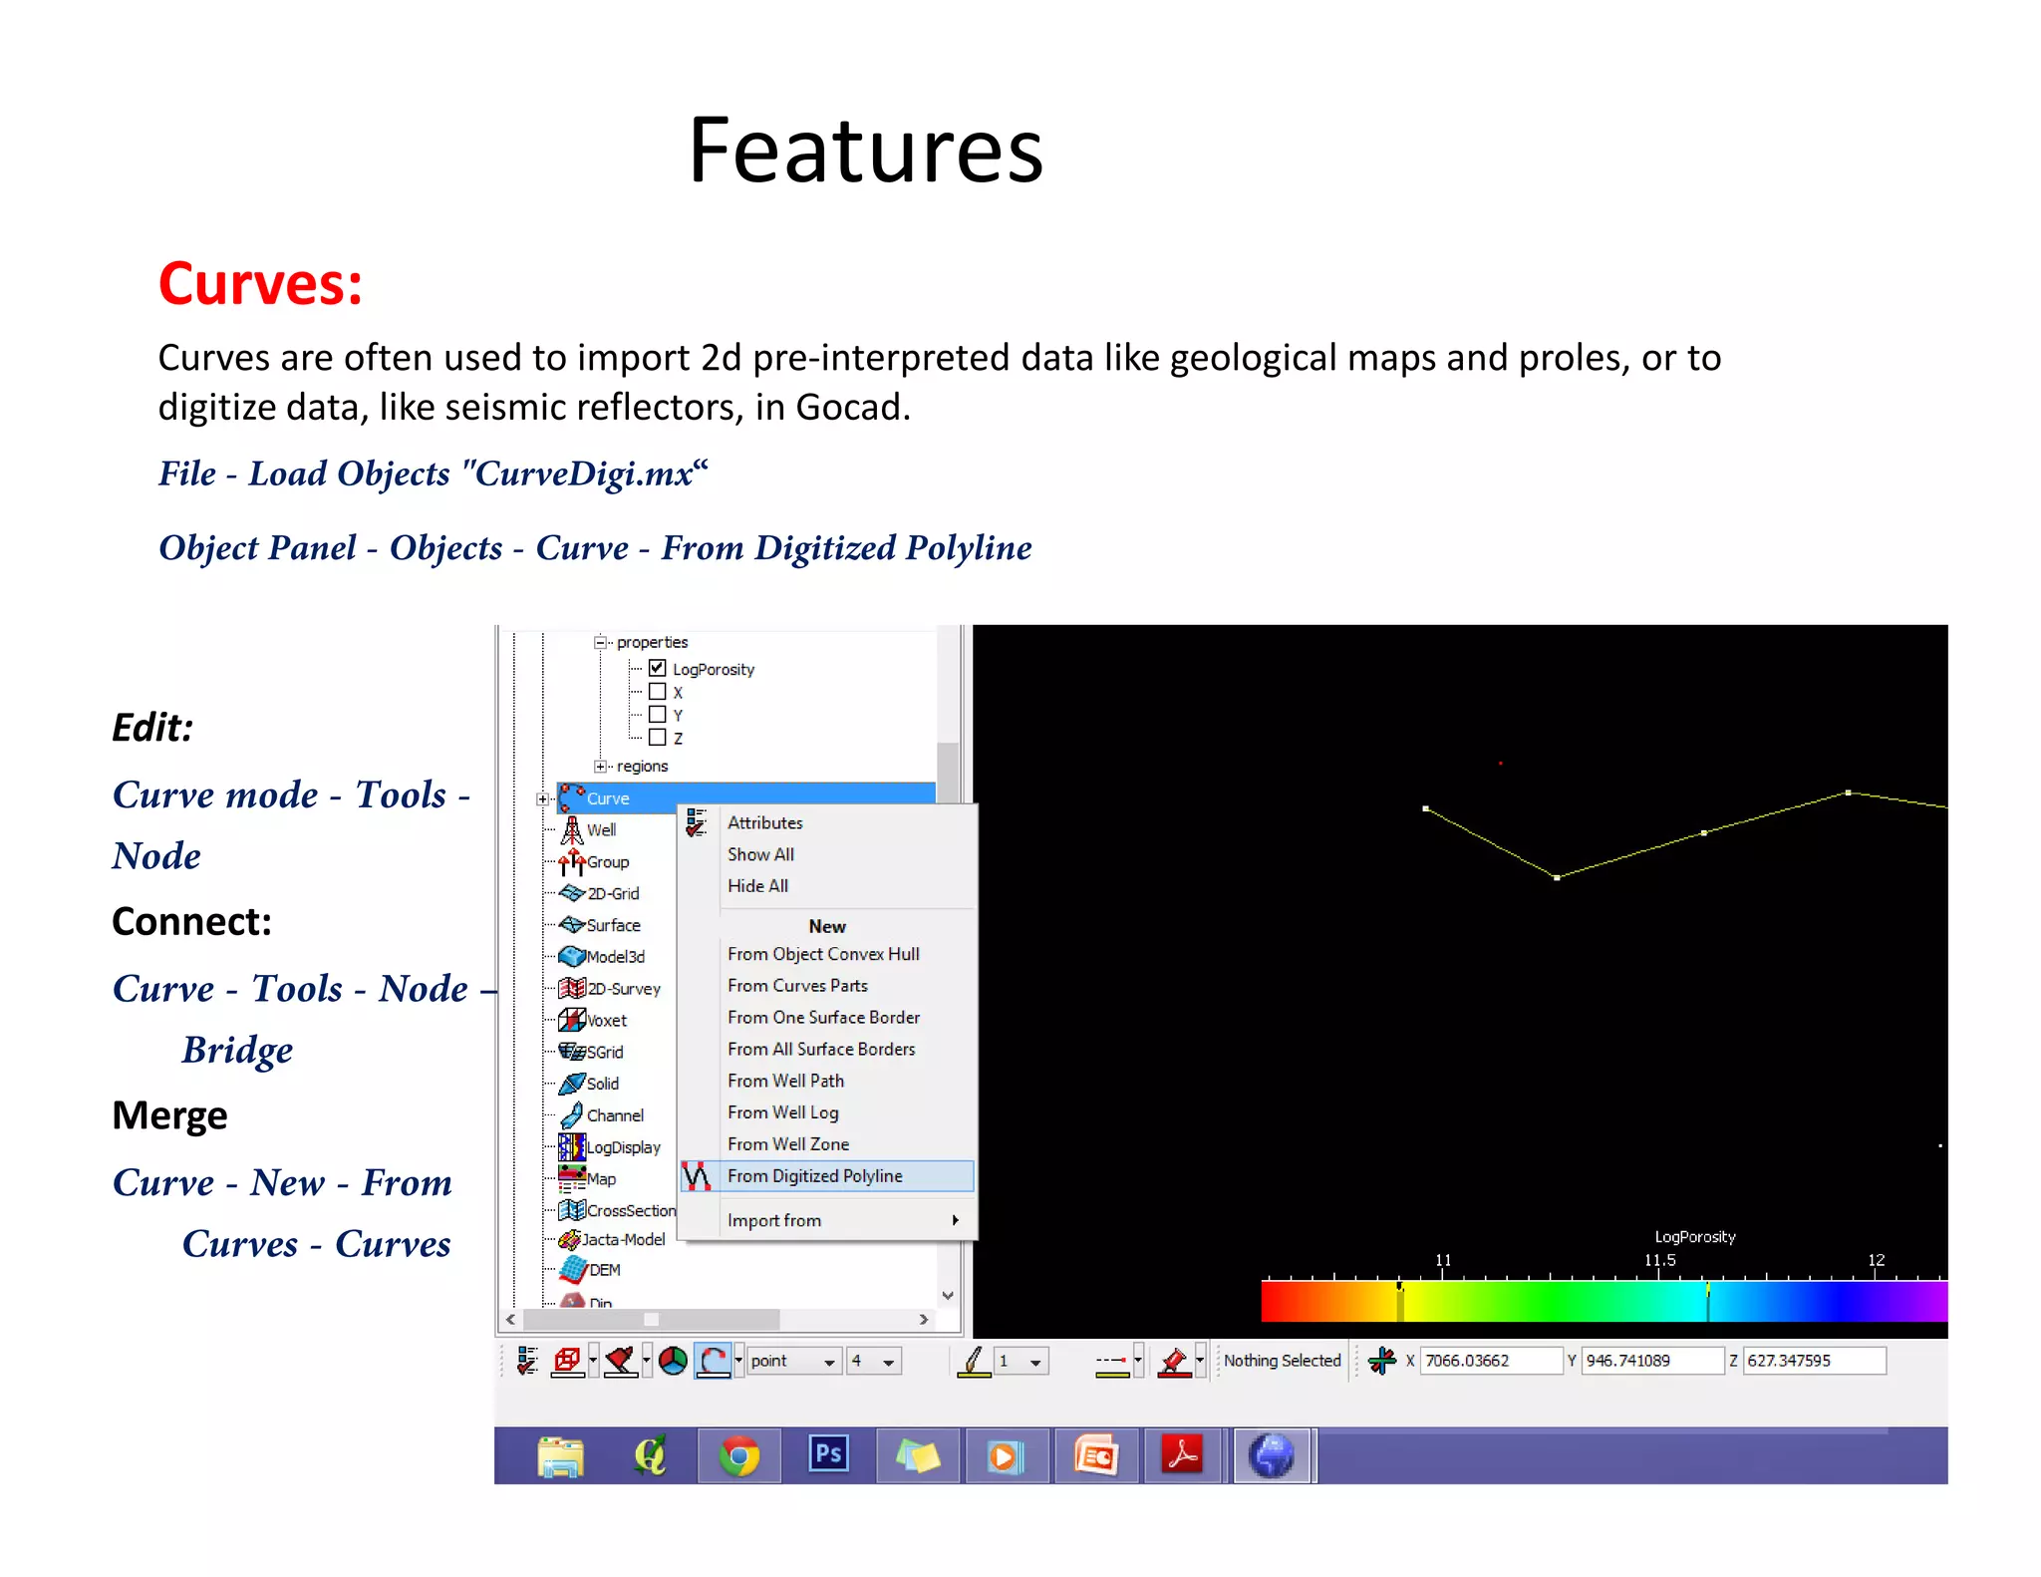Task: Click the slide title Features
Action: pos(865,152)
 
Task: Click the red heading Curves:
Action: pos(260,284)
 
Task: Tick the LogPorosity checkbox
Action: pos(657,668)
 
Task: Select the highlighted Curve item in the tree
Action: pos(608,798)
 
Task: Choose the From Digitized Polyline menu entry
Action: pos(814,1176)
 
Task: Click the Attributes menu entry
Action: pos(764,822)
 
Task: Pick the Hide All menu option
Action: pos(757,885)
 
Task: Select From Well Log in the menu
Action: pos(782,1112)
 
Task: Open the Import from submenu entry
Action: pos(774,1220)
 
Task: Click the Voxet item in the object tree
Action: pos(606,1021)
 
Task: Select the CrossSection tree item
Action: pos(630,1210)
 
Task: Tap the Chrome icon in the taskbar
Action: pos(738,1456)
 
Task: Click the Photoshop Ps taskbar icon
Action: pos(828,1454)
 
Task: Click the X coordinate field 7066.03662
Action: pos(1489,1361)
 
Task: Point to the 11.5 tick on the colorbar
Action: pos(1659,1261)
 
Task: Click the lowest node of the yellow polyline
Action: pos(1557,877)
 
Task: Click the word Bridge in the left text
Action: pos(237,1051)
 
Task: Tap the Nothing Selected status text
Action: pos(1282,1361)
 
